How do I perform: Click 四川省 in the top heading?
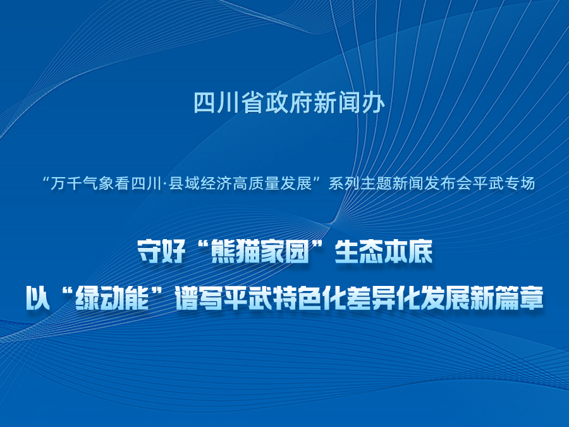tap(229, 102)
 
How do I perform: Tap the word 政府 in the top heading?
tap(289, 102)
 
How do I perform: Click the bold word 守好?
tap(161, 251)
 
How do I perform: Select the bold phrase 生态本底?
tap(384, 251)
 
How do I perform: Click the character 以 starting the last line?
tap(38, 299)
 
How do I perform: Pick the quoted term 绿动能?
tap(112, 299)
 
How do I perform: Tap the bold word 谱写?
tap(199, 299)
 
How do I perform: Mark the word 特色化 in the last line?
tap(309, 299)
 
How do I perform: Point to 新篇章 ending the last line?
tap(506, 299)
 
